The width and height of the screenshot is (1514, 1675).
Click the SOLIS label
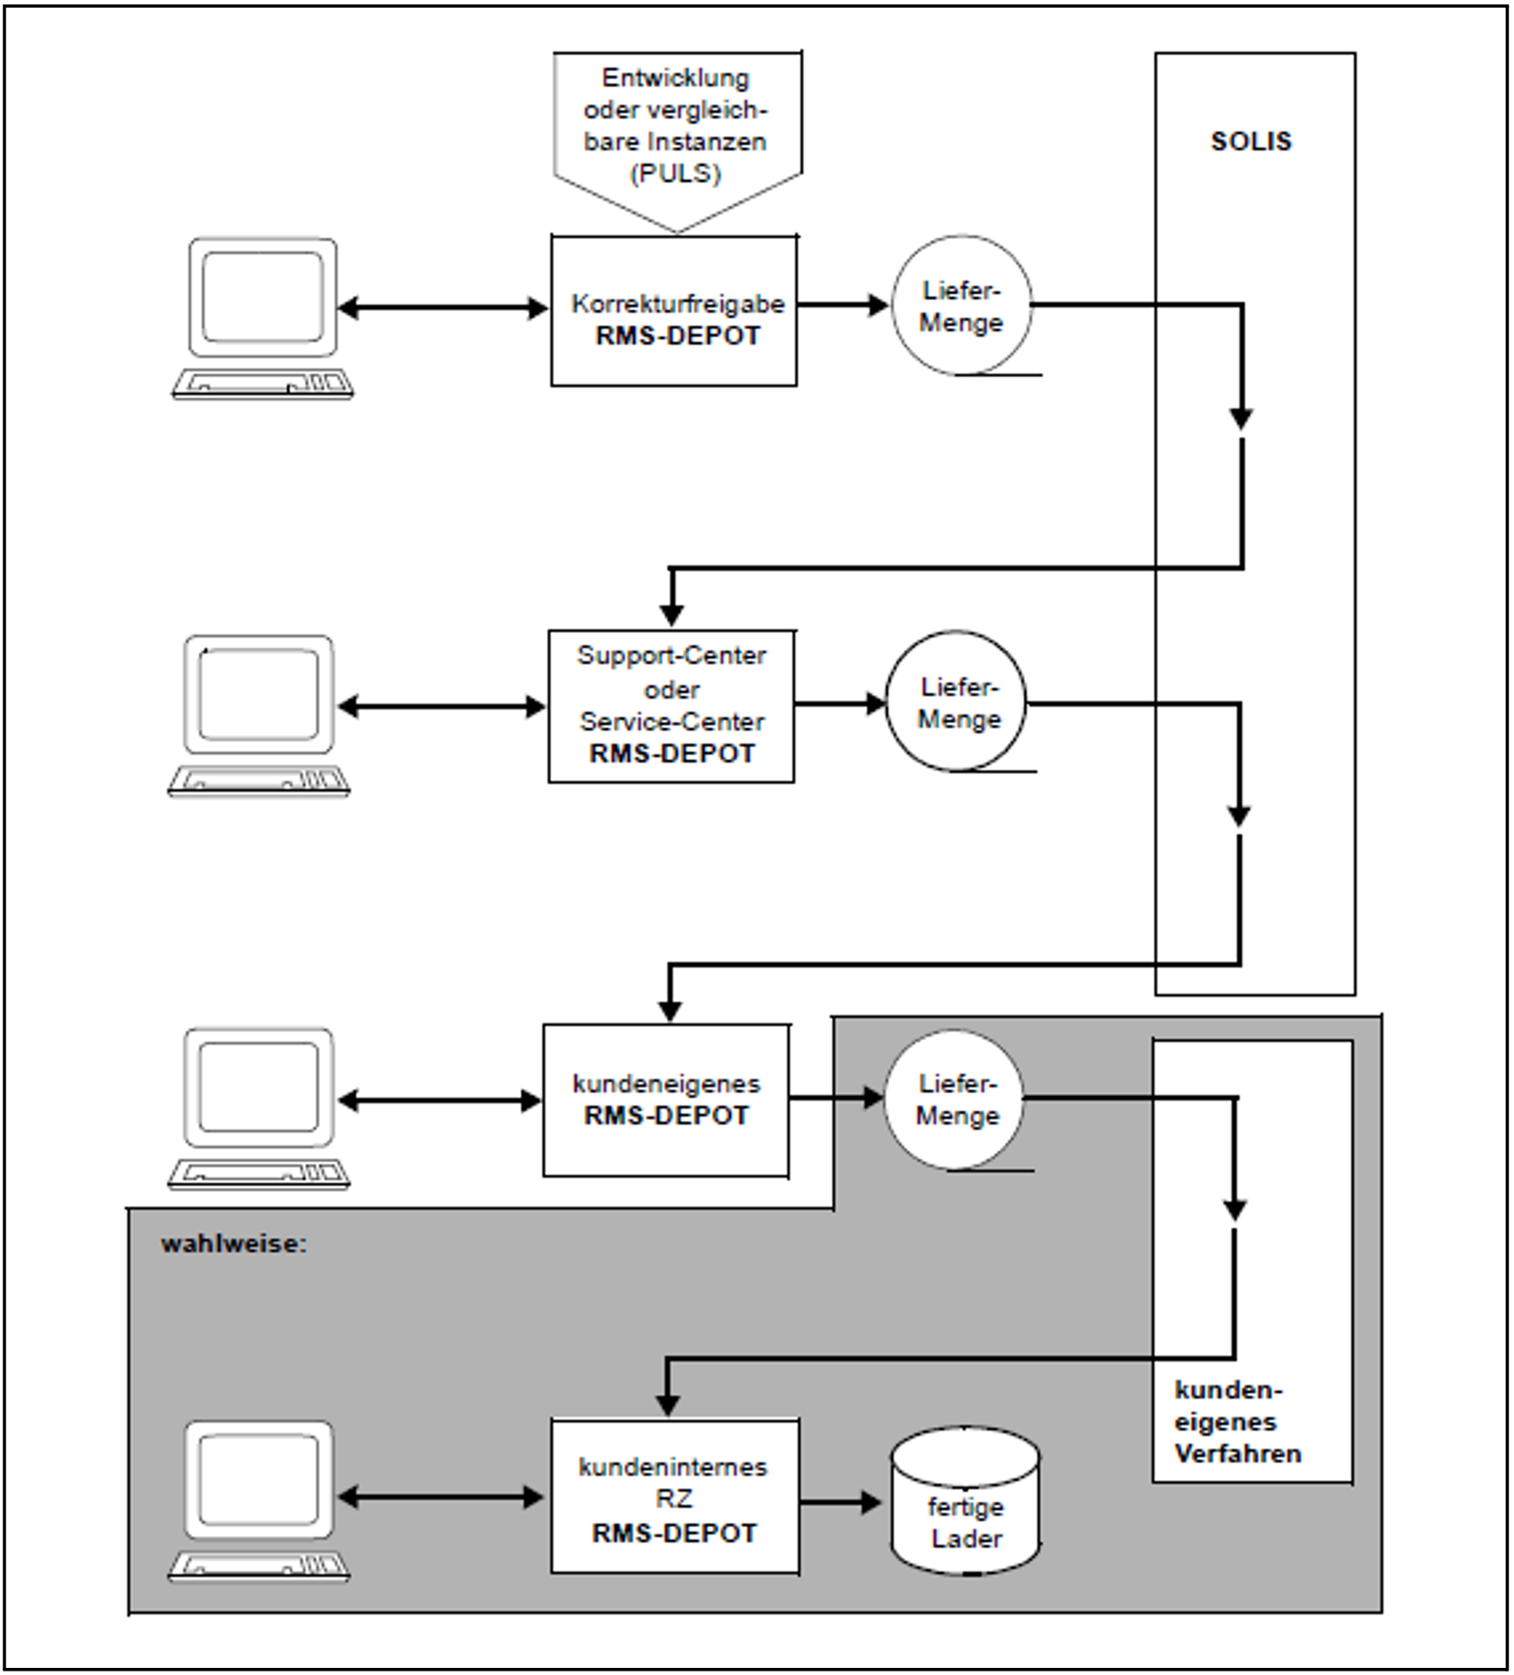tap(1251, 141)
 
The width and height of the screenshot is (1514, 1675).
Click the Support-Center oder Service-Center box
tap(671, 706)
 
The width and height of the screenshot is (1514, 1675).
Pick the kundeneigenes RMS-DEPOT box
tap(666, 1100)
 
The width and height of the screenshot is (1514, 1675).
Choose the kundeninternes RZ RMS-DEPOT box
tap(674, 1498)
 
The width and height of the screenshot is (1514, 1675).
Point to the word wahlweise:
tap(233, 1243)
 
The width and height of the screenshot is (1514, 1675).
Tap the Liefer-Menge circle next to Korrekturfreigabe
tap(961, 306)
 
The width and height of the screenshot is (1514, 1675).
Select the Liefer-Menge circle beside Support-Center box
tap(957, 703)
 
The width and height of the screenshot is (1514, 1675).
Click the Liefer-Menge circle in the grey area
tap(955, 1099)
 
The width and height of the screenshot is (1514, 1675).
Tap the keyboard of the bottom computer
tap(258, 1567)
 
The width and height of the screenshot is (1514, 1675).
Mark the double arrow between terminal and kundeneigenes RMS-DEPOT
tap(440, 1101)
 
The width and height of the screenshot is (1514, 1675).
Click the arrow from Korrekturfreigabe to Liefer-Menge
tap(843, 305)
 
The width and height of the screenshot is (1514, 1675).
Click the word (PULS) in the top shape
tap(676, 173)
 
